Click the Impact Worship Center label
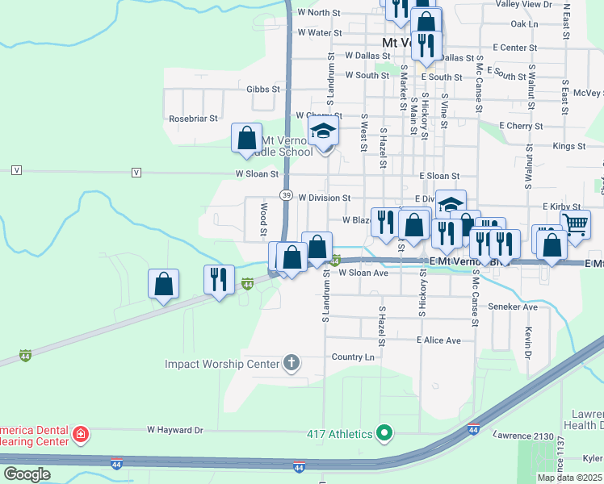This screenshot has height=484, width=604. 222,364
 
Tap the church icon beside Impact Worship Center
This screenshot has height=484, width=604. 292,364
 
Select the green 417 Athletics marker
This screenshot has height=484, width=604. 385,434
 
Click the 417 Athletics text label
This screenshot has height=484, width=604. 340,434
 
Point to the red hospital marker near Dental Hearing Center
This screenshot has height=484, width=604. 81,436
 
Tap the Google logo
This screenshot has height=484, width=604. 26,474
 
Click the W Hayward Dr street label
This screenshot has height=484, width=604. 174,431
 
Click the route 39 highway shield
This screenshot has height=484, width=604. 287,195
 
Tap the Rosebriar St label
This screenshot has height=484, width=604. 193,118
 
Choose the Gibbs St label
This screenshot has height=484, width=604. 263,89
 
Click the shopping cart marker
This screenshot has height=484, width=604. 576,225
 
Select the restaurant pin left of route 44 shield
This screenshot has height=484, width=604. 219,280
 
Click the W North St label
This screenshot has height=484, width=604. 320,13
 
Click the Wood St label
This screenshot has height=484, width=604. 263,215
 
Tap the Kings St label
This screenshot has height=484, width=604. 569,146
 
